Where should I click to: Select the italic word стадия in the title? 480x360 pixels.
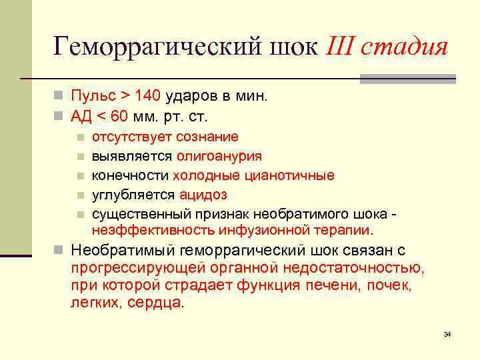coord(407,48)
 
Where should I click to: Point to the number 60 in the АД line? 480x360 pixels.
coord(119,117)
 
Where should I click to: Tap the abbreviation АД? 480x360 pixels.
coord(81,117)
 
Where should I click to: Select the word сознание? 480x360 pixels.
coord(207,137)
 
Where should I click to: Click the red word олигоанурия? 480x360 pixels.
coord(219,157)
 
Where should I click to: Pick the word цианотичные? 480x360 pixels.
coord(293,176)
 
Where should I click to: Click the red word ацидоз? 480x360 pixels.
coord(203,195)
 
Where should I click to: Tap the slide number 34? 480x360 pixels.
coord(447,333)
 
